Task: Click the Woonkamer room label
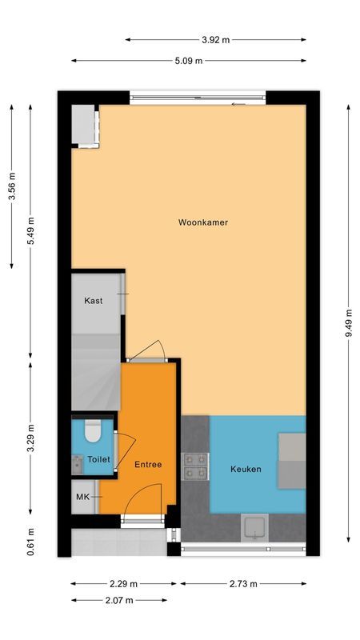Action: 203,222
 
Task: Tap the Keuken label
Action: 246,469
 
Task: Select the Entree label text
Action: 148,464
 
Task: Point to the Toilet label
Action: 98,460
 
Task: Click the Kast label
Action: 94,301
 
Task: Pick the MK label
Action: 82,497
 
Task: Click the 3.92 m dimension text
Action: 215,39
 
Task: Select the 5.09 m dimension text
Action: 188,61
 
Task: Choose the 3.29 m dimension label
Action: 30,438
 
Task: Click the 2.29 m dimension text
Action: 124,584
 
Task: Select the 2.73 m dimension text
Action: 242,584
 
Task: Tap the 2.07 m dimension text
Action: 120,600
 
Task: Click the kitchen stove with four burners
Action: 196,466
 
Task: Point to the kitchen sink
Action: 254,527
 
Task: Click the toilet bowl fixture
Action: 92,432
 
